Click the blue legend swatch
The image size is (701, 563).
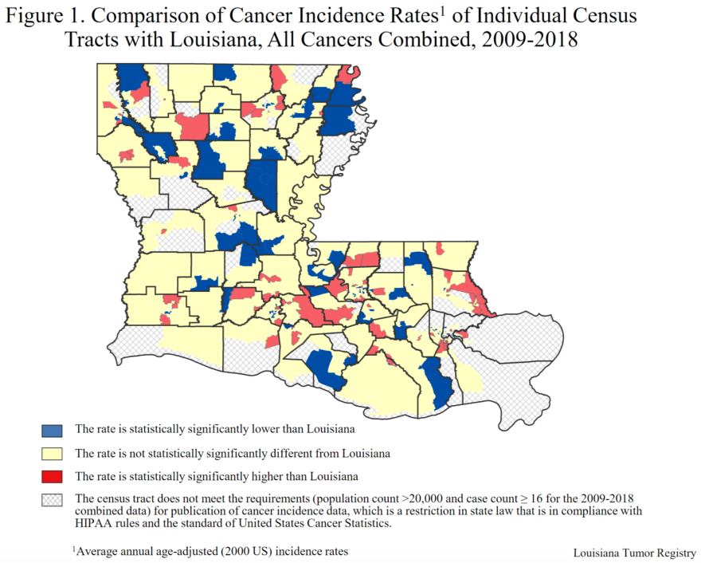point(52,430)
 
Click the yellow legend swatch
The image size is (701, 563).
point(52,454)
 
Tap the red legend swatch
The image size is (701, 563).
point(52,478)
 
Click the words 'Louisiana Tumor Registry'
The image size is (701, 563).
point(634,553)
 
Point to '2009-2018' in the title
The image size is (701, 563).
point(530,40)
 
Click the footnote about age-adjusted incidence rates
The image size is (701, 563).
point(211,550)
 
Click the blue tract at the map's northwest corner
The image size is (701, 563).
point(132,77)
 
